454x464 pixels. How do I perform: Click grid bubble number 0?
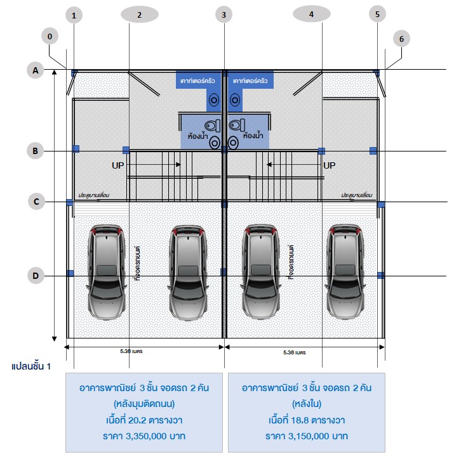click(50, 36)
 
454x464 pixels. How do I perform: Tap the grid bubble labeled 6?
click(401, 38)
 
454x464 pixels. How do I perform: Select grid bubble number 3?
click(223, 14)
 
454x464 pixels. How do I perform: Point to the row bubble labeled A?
click(36, 70)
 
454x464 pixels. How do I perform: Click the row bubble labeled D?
click(36, 275)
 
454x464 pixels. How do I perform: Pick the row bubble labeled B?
click(36, 150)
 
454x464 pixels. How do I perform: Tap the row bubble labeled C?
click(36, 202)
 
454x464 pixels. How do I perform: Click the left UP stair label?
click(117, 165)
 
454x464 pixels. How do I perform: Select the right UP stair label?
click(329, 165)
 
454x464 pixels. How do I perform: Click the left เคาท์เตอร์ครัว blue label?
click(197, 81)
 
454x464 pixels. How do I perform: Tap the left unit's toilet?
click(211, 125)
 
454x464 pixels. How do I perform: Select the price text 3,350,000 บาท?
click(144, 436)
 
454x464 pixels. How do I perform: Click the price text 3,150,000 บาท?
click(307, 436)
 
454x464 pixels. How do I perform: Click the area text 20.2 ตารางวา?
click(144, 420)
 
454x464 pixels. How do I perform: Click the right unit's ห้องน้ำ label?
click(253, 136)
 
